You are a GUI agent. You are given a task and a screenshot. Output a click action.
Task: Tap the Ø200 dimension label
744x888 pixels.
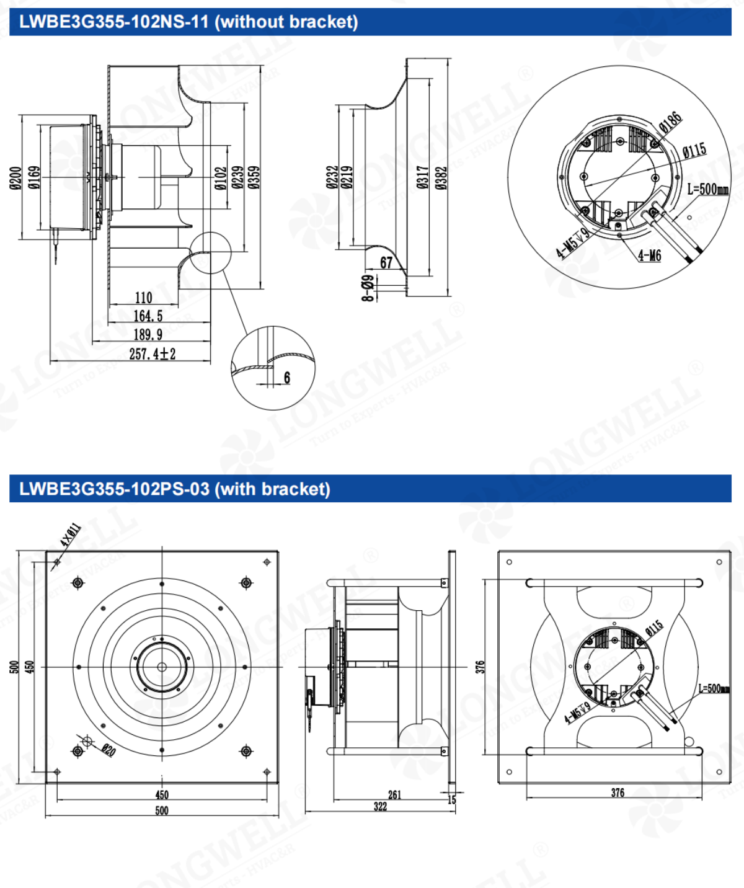pyautogui.click(x=16, y=177)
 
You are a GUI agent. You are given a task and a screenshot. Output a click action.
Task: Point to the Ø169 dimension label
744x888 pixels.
pyautogui.click(x=35, y=177)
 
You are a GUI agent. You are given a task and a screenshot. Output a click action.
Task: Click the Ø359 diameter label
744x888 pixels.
pyautogui.click(x=254, y=177)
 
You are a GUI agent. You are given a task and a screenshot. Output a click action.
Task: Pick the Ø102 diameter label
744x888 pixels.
pyautogui.click(x=221, y=177)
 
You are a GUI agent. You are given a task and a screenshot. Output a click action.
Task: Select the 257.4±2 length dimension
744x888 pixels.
pyautogui.click(x=152, y=354)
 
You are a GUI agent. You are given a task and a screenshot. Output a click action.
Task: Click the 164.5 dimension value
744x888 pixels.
pyautogui.click(x=148, y=316)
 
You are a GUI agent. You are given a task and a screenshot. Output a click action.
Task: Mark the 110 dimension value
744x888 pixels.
pyautogui.click(x=143, y=298)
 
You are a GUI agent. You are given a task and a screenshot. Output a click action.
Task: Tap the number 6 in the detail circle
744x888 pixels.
pyautogui.click(x=286, y=378)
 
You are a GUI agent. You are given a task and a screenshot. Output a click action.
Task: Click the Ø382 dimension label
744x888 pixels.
pyautogui.click(x=441, y=177)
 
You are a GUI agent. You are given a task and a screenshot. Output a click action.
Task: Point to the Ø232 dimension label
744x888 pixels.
pyautogui.click(x=332, y=177)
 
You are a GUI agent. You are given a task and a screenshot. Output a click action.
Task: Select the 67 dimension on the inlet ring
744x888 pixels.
pyautogui.click(x=386, y=263)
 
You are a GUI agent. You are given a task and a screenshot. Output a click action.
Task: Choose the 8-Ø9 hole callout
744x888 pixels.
pyautogui.click(x=368, y=288)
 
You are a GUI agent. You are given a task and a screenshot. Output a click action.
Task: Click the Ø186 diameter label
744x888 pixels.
pyautogui.click(x=670, y=122)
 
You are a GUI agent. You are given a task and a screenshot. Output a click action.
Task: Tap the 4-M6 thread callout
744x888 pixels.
pyautogui.click(x=649, y=255)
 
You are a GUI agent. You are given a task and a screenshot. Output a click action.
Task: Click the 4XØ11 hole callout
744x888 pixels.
pyautogui.click(x=70, y=535)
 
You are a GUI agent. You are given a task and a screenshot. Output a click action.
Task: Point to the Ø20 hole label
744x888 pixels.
pyautogui.click(x=108, y=750)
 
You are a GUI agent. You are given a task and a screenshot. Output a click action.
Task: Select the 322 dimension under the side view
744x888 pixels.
pyautogui.click(x=380, y=806)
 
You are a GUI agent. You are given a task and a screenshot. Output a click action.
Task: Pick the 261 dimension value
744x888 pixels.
pyautogui.click(x=394, y=794)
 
